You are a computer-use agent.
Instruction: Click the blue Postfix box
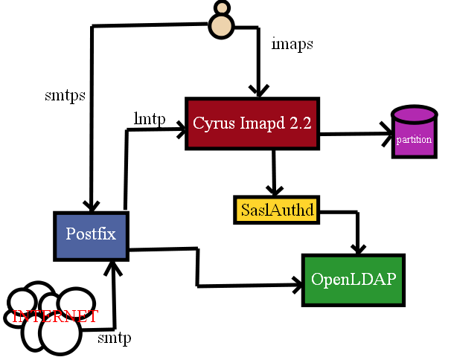(92, 234)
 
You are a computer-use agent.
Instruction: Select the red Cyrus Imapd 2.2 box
(252, 123)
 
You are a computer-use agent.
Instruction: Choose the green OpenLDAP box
(354, 280)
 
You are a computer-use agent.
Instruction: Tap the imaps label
(292, 44)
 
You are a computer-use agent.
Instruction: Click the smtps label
(65, 95)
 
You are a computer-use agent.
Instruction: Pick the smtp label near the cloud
(115, 338)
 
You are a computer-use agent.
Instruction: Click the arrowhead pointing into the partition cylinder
(386, 135)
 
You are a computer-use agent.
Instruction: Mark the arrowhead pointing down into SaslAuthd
(275, 190)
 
